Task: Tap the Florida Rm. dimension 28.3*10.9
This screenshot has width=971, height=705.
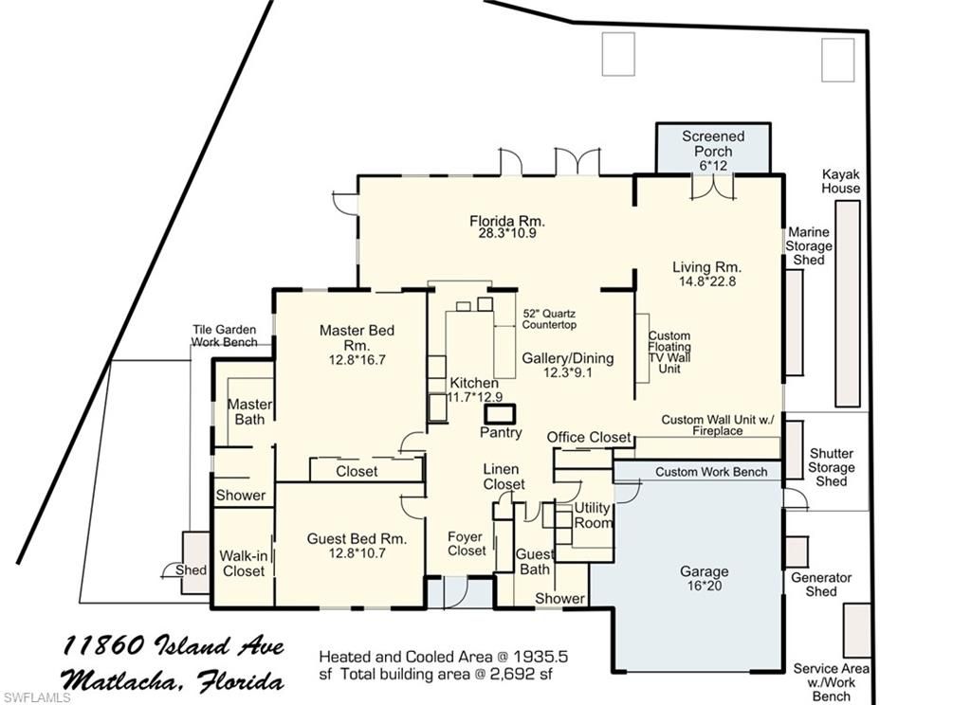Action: click(x=507, y=232)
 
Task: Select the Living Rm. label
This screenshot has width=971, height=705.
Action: click(x=706, y=266)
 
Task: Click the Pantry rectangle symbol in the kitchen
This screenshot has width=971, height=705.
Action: click(x=499, y=414)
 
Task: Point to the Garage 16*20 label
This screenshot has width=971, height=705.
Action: click(x=704, y=578)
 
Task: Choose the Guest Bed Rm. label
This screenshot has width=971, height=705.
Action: click(x=357, y=545)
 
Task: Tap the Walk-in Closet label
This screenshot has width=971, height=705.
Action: click(x=243, y=564)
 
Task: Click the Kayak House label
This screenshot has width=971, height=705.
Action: click(x=841, y=181)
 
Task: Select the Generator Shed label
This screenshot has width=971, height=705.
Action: click(x=821, y=584)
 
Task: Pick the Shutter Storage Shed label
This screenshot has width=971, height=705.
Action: click(x=831, y=467)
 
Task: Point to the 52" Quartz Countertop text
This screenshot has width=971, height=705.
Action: click(x=550, y=318)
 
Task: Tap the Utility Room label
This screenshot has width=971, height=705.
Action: click(x=594, y=515)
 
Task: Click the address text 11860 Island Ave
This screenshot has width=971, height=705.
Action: click(x=174, y=647)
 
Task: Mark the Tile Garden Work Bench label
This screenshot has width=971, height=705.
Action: click(x=225, y=335)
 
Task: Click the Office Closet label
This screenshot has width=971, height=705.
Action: click(x=589, y=437)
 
